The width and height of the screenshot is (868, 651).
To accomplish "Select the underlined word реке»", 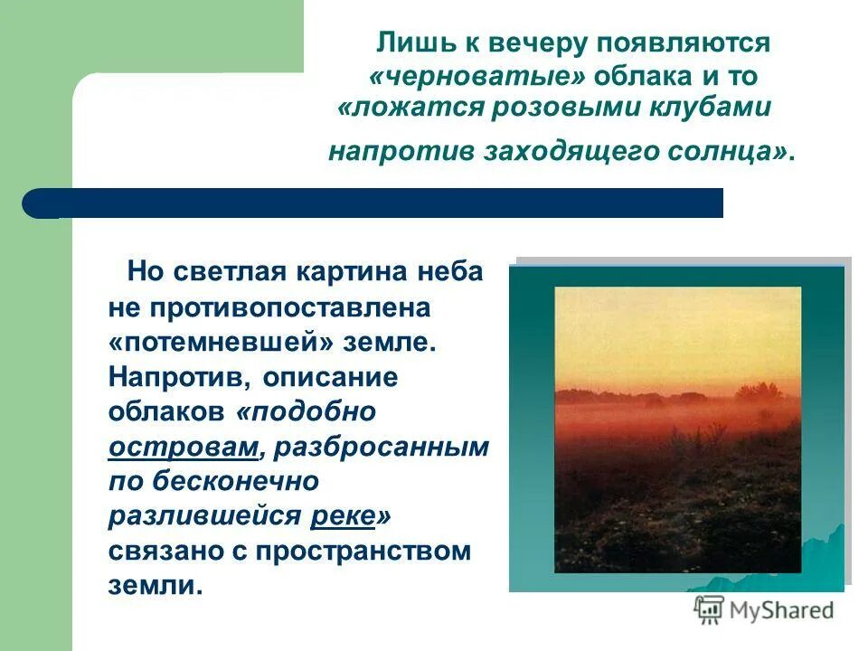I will (x=351, y=516).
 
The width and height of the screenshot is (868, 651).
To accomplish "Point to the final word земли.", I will (x=151, y=586).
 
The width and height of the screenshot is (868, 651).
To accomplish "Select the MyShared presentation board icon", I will (x=708, y=610).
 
